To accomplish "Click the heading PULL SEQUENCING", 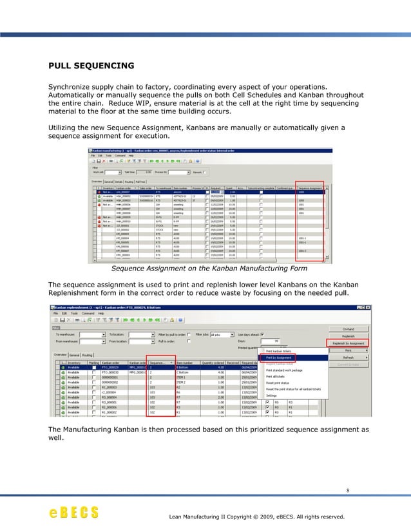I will [91, 65].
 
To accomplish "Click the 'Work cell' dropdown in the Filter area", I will [112, 172].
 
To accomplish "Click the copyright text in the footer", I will [256, 517].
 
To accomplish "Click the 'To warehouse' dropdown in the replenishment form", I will [93, 335].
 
